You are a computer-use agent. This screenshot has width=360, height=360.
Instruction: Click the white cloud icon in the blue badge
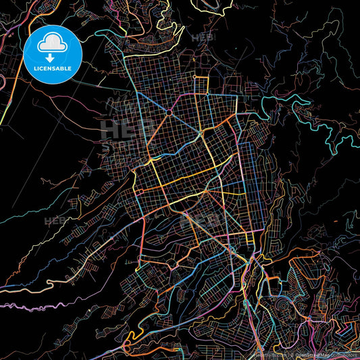[53, 45]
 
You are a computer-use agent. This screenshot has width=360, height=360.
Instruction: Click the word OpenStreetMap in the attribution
[316, 355]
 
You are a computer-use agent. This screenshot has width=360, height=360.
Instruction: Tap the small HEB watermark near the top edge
[203, 38]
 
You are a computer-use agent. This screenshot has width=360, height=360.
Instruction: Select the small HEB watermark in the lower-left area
[54, 221]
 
